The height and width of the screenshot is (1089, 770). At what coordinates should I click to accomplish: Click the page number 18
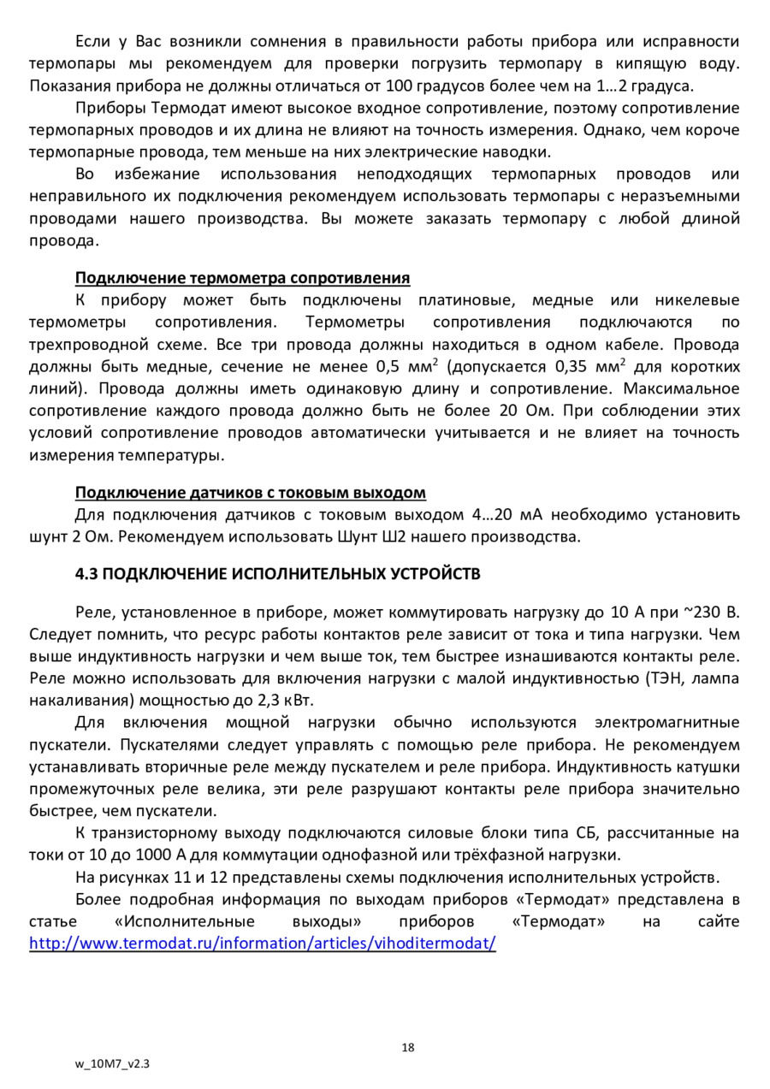point(407,1047)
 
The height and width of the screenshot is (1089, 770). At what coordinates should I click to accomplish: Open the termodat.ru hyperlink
point(263,944)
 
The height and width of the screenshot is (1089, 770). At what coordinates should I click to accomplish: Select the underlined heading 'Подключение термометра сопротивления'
point(242,278)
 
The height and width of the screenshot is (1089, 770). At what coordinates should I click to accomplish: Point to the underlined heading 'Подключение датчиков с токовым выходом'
point(250,493)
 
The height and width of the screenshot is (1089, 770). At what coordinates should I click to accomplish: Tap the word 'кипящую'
point(672,63)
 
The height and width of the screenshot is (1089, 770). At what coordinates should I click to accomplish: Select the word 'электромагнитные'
point(667,723)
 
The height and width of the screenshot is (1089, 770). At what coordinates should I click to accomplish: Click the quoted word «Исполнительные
point(185,922)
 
